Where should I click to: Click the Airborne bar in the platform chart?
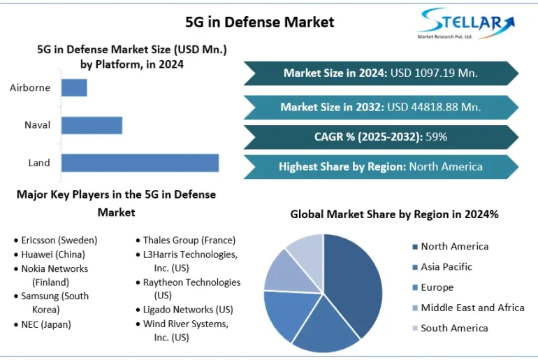pyautogui.click(x=74, y=87)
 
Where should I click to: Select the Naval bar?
pyautogui.click(x=92, y=125)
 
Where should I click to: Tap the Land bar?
pyautogui.click(x=140, y=163)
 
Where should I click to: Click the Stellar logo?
pyautogui.click(x=465, y=24)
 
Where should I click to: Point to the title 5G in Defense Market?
pyautogui.click(x=259, y=22)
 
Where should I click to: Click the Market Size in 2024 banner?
pyautogui.click(x=381, y=73)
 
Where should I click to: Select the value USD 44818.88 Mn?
pyautogui.click(x=434, y=107)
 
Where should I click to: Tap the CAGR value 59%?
pyautogui.click(x=436, y=136)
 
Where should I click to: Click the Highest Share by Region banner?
pyautogui.click(x=381, y=166)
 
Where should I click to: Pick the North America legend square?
pyautogui.click(x=415, y=247)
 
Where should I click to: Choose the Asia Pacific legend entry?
pyautogui.click(x=446, y=267)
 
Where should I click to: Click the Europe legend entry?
pyautogui.click(x=437, y=287)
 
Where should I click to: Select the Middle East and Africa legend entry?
pyautogui.click(x=472, y=308)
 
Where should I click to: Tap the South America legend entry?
pyautogui.click(x=454, y=328)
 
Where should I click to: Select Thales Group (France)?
pyautogui.click(x=189, y=240)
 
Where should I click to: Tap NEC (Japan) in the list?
pyautogui.click(x=46, y=324)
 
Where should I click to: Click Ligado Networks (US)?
pyautogui.click(x=188, y=310)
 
